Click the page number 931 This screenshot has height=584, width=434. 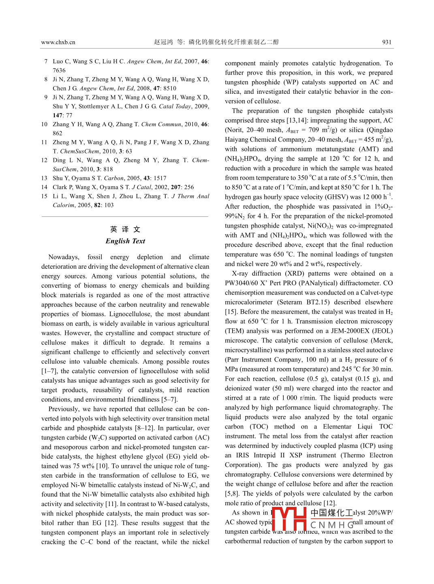(x=387, y=42)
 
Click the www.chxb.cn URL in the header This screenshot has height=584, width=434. (x=58, y=42)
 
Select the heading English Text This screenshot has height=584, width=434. (x=125, y=241)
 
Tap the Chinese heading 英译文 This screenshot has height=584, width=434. (x=125, y=229)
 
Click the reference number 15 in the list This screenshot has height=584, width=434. (x=44, y=196)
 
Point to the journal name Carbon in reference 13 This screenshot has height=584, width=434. (x=113, y=178)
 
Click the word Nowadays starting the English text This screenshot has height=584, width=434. (x=64, y=257)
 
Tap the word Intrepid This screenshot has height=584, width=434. (x=265, y=455)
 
